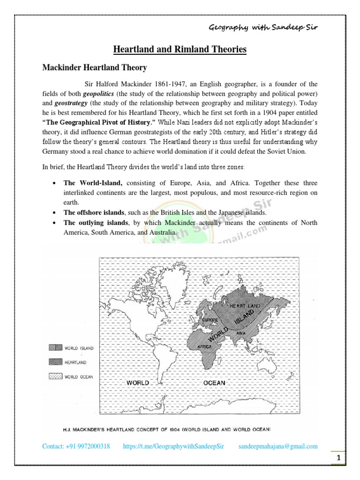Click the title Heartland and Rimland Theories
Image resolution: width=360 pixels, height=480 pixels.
click(x=180, y=50)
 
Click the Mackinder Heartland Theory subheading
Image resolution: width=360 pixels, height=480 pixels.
click(x=94, y=68)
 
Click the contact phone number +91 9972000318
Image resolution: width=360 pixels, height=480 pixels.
click(x=76, y=447)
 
